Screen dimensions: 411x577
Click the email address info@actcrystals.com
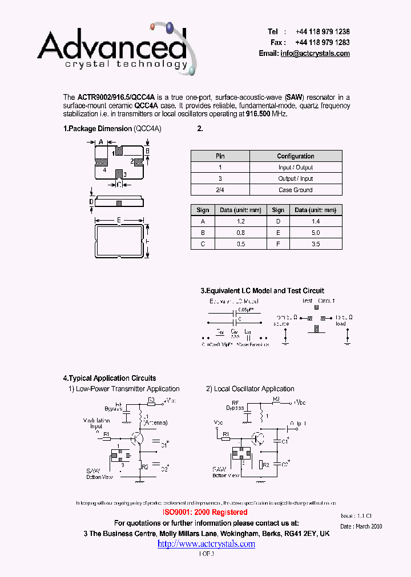coord(315,54)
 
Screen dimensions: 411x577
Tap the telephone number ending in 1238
coord(323,32)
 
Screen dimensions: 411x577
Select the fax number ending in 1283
coord(323,43)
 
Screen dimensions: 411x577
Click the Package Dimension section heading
coord(98,129)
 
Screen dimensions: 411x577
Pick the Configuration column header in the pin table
coord(295,156)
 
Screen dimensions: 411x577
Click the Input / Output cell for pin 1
coord(295,168)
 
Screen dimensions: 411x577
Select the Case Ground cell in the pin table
coord(295,190)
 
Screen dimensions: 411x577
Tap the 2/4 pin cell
coord(220,190)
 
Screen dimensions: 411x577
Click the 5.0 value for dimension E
coord(316,233)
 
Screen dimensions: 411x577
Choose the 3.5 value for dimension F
coord(316,244)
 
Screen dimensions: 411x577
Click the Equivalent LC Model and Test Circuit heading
coord(262,291)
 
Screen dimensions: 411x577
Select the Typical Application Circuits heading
coord(109,378)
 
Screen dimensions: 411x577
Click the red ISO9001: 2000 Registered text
coord(205,513)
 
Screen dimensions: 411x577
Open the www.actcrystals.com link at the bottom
coord(206,544)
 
